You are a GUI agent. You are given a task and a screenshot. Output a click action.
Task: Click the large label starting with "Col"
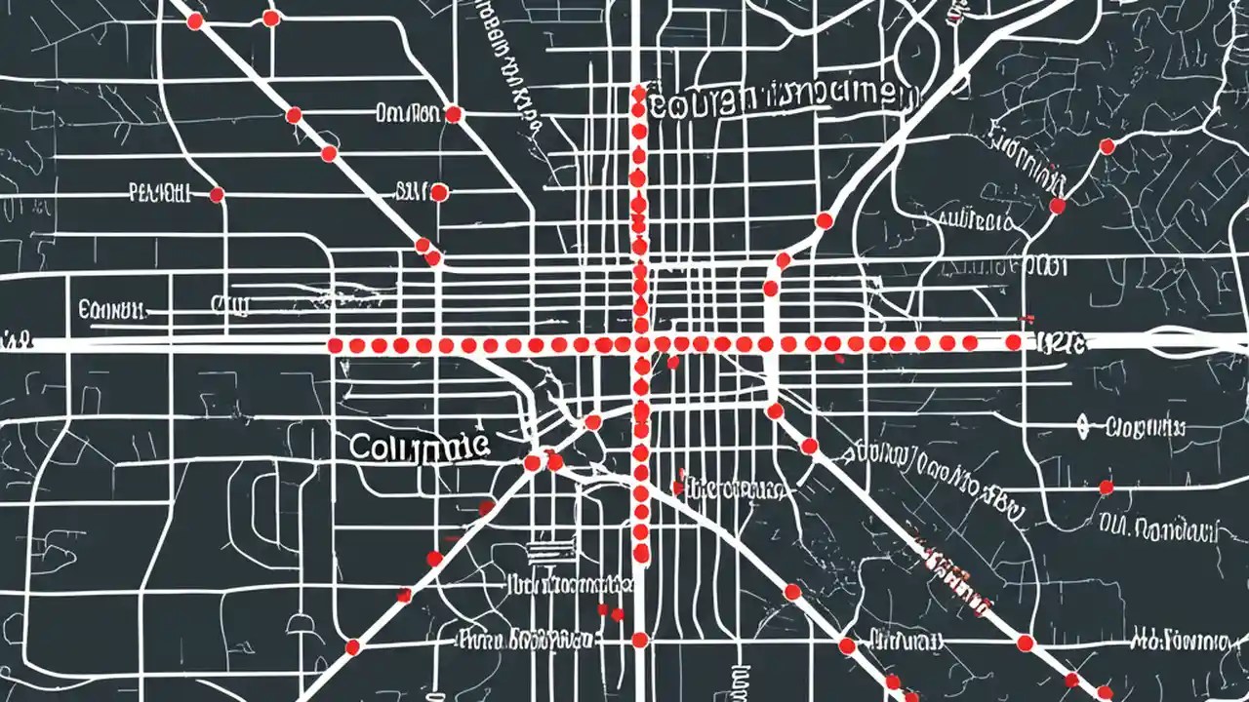(x=418, y=447)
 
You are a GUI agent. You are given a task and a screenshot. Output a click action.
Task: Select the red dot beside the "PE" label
(x=217, y=195)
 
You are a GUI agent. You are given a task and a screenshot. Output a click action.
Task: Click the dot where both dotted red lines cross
(x=640, y=343)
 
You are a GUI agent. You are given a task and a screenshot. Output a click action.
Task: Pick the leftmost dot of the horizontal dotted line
(x=335, y=346)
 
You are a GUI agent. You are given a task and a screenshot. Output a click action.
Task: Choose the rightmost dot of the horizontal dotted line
(x=1013, y=342)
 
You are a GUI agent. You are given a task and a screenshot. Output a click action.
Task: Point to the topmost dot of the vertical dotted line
(x=639, y=94)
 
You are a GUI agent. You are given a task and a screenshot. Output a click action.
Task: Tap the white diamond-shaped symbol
(x=1082, y=425)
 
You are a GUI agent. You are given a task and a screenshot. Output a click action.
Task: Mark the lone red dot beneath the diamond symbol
(x=1106, y=487)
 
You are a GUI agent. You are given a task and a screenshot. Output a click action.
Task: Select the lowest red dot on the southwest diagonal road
(x=352, y=646)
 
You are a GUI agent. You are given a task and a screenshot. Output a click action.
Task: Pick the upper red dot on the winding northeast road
(x=1107, y=146)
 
